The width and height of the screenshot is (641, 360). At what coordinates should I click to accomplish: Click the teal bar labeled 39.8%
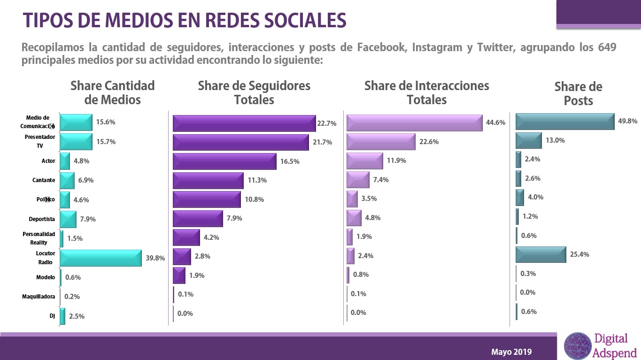pyautogui.click(x=100, y=258)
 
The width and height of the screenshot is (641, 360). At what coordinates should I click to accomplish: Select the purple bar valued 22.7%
pyautogui.click(x=244, y=123)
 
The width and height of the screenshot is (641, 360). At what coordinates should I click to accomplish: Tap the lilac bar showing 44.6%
pyautogui.click(x=414, y=123)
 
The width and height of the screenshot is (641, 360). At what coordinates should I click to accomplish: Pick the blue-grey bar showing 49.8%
pyautogui.click(x=565, y=121)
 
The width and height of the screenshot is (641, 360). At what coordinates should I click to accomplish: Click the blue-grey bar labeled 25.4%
pyautogui.click(x=541, y=254)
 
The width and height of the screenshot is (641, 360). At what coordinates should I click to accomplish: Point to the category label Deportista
pyautogui.click(x=42, y=219)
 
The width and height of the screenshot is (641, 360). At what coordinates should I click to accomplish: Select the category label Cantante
pyautogui.click(x=44, y=180)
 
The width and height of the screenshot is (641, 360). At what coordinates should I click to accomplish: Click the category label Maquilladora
pyautogui.click(x=39, y=297)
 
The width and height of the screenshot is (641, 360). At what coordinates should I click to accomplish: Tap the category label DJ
pyautogui.click(x=52, y=316)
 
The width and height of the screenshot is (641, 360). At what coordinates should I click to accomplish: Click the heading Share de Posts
pyautogui.click(x=578, y=94)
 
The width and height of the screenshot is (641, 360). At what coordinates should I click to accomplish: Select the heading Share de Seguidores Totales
pyautogui.click(x=254, y=92)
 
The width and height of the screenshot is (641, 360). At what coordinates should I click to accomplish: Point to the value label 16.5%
pyautogui.click(x=290, y=161)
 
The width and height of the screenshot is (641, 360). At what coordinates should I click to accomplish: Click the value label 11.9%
pyautogui.click(x=396, y=161)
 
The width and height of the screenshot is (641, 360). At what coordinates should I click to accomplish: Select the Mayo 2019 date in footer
pyautogui.click(x=512, y=352)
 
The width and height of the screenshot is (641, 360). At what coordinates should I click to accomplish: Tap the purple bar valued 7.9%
pyautogui.click(x=198, y=219)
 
